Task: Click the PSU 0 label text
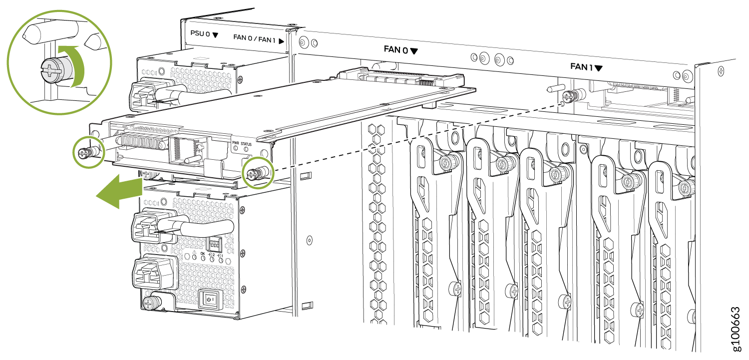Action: point(200,33)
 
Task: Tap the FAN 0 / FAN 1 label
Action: point(254,38)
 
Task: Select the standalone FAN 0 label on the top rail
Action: point(396,50)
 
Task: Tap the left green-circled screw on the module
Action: point(84,153)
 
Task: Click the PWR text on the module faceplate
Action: point(236,143)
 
